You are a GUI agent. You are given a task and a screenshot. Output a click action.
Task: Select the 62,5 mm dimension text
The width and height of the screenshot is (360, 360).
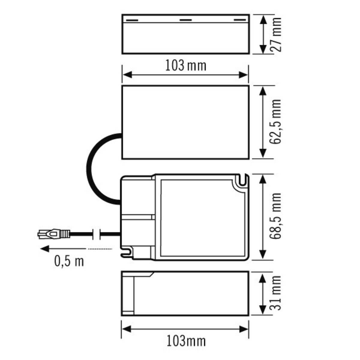275,121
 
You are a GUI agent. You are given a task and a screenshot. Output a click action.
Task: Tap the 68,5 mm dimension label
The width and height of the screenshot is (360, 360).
275,216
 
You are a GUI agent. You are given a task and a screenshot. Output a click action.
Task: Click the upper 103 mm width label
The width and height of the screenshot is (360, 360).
186,65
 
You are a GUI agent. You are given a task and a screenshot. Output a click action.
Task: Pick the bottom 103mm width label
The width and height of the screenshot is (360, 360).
186,341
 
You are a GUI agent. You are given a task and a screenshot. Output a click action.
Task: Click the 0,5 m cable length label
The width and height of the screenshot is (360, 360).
69,261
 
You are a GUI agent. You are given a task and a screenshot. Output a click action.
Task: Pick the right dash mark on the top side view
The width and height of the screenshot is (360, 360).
239,20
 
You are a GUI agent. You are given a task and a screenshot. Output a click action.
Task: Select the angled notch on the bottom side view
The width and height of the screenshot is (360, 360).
151,274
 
